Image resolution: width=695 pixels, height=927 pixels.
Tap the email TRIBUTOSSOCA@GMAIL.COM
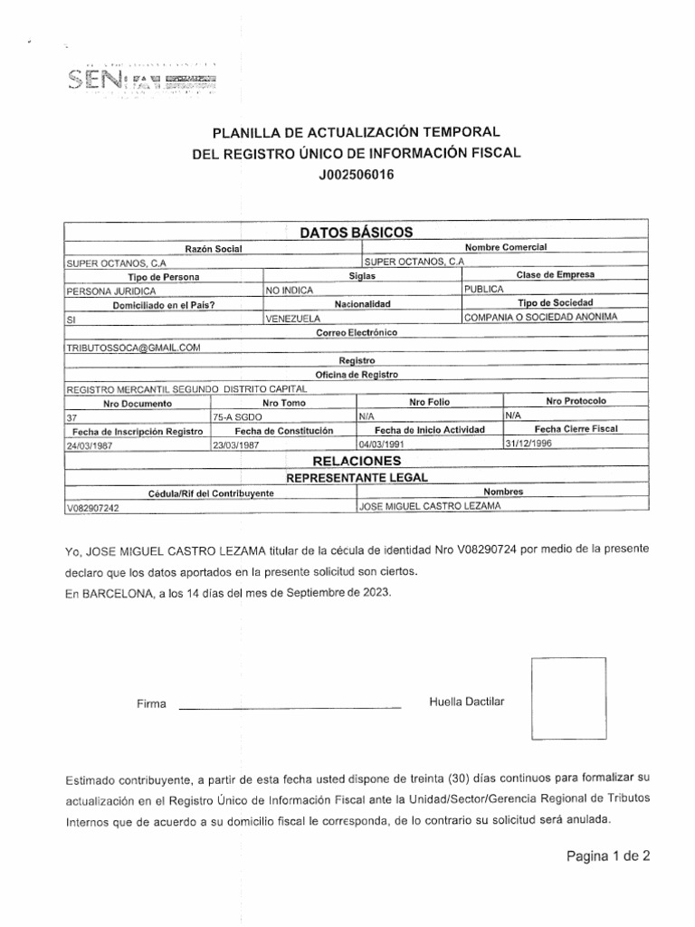tap(133, 347)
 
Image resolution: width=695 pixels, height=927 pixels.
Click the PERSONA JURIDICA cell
tap(112, 291)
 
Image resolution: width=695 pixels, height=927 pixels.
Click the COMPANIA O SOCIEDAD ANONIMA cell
tap(539, 317)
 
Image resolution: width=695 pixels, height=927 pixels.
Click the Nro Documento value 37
tap(73, 418)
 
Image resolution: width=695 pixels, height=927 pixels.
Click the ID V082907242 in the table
tap(93, 509)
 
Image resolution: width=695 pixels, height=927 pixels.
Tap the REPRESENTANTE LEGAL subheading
tap(357, 477)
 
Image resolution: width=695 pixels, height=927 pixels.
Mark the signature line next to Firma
tap(290, 706)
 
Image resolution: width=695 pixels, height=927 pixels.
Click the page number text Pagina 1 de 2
tap(608, 855)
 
